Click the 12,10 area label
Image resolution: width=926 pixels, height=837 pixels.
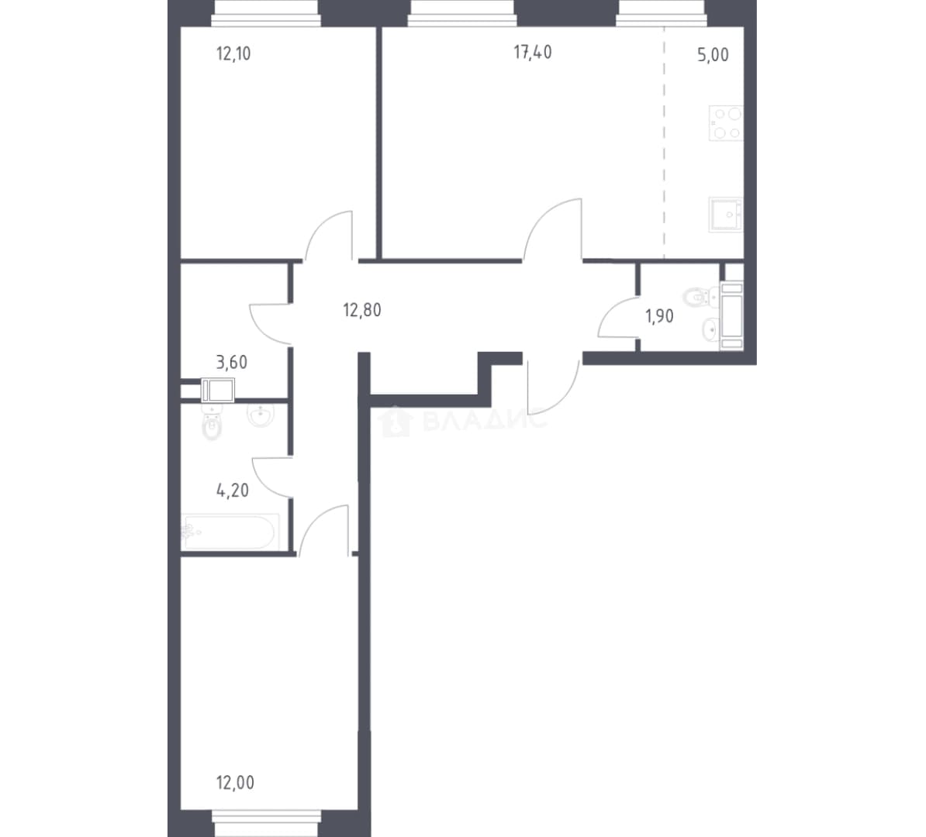(234, 54)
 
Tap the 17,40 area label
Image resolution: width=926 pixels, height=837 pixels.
(533, 53)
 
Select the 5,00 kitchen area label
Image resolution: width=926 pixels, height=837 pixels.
(713, 55)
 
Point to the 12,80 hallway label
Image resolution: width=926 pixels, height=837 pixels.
(362, 310)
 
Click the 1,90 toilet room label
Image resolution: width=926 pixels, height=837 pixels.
(659, 317)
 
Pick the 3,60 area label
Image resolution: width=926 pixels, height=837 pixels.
(231, 363)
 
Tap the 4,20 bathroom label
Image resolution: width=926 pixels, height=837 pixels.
(233, 491)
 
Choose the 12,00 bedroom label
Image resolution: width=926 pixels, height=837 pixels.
(235, 784)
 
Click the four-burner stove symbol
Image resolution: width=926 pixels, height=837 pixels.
(726, 123)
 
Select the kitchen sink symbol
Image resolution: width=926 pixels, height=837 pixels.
(726, 214)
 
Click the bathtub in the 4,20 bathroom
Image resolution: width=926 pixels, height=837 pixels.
(230, 532)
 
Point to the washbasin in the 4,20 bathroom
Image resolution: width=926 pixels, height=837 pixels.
(260, 415)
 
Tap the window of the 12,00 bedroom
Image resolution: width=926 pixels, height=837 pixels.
(266, 823)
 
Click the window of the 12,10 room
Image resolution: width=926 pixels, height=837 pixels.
(266, 13)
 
